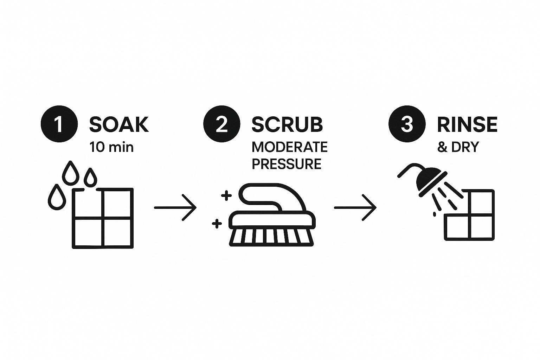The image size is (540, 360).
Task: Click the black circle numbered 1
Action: [59, 124]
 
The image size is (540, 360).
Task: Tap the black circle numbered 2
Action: [222, 124]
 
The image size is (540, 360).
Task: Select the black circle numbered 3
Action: [407, 124]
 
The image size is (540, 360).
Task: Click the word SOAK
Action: [119, 124]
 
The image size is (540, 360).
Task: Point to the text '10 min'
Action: [111, 147]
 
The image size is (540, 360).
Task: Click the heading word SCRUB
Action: [287, 124]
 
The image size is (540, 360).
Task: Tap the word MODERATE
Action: [290, 147]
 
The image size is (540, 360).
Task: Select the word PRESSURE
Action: [287, 164]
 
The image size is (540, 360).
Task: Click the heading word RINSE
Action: [467, 124]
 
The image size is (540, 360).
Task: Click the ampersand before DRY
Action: [442, 147]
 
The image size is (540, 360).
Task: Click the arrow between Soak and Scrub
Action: [175, 207]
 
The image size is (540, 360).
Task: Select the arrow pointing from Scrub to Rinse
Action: [355, 207]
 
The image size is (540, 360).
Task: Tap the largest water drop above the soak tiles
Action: [70, 172]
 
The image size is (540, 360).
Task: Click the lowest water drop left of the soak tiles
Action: [57, 197]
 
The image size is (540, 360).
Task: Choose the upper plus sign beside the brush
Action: [226, 195]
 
